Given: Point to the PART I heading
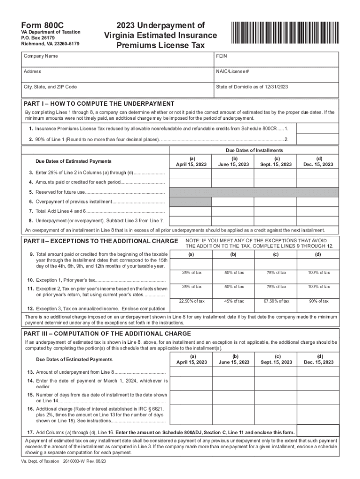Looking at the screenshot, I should tap(99, 104).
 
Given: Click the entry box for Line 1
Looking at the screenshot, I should tap(318, 128).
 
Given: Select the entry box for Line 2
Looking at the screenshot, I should tap(318, 139).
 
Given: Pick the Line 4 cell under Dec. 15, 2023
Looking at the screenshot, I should tap(318, 183).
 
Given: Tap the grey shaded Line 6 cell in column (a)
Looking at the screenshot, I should tap(190, 202).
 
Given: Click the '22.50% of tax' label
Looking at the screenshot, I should tap(191, 301).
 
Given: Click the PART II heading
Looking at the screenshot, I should tap(100, 241).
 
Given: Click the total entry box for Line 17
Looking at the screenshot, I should tap(318, 431).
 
